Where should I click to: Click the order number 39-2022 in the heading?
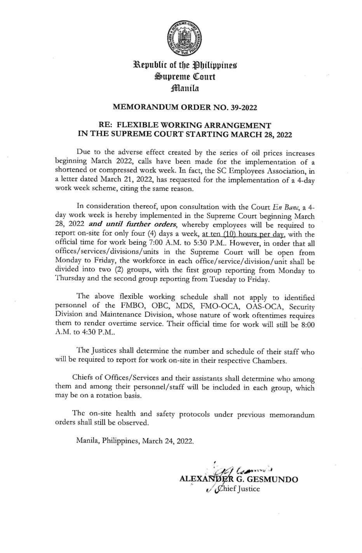[243, 108]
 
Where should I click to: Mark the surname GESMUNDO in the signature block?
[275, 479]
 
